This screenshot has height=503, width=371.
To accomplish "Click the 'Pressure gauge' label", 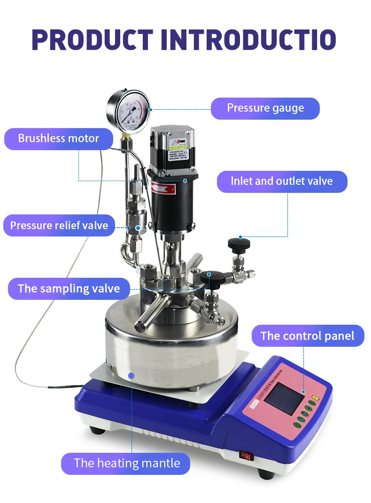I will [265, 108].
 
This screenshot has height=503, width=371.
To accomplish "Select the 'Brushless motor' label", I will [59, 139].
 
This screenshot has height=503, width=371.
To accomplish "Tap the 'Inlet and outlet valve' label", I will [282, 182].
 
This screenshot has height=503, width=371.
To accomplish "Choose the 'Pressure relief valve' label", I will [59, 226].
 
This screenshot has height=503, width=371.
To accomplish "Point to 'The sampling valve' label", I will [69, 288].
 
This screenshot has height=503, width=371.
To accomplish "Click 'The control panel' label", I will [308, 336].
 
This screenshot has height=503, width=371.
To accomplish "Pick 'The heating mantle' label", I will [127, 464].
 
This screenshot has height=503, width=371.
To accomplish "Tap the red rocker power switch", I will [244, 454].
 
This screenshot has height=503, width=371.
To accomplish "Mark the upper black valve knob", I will [239, 244].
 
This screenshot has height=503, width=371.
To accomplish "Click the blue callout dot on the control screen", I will [303, 391].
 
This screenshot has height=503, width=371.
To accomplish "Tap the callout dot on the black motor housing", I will [185, 180].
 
